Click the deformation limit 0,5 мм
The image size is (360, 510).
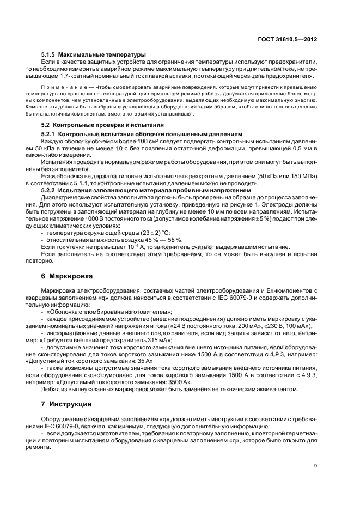coord(288,148)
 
